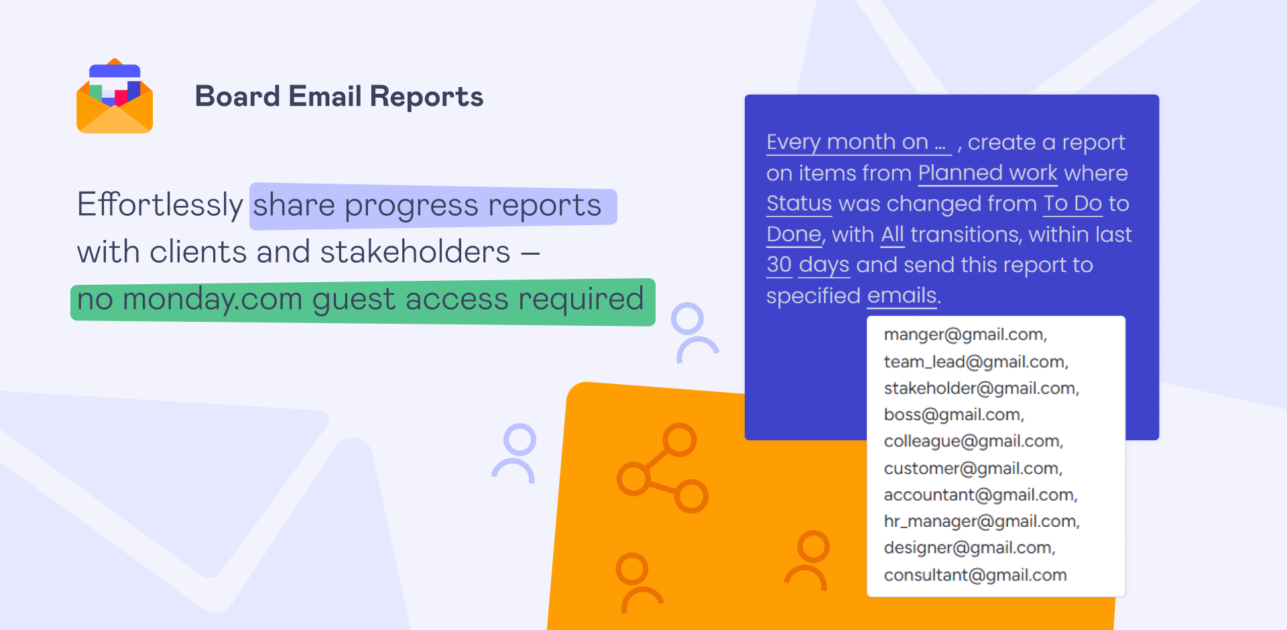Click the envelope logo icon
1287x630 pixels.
click(115, 96)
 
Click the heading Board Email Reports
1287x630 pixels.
click(339, 97)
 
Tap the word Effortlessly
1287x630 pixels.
click(160, 204)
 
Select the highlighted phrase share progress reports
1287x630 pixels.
click(427, 206)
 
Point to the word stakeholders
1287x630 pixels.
click(415, 252)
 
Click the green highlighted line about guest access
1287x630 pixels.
click(362, 301)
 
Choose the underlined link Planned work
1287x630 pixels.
click(987, 174)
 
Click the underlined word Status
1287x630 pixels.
click(799, 204)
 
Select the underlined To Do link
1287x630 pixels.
click(1072, 204)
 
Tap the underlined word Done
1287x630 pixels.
click(794, 235)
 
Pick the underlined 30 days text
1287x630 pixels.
click(808, 265)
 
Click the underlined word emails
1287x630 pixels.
click(902, 296)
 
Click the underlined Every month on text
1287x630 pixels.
click(859, 143)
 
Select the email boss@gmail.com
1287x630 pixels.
click(954, 415)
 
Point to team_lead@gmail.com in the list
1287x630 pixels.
click(976, 362)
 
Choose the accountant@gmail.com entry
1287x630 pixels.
click(981, 495)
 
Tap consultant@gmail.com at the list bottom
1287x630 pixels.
click(975, 575)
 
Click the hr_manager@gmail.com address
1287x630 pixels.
click(982, 521)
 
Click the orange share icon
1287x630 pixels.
click(662, 468)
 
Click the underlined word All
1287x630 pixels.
click(892, 235)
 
